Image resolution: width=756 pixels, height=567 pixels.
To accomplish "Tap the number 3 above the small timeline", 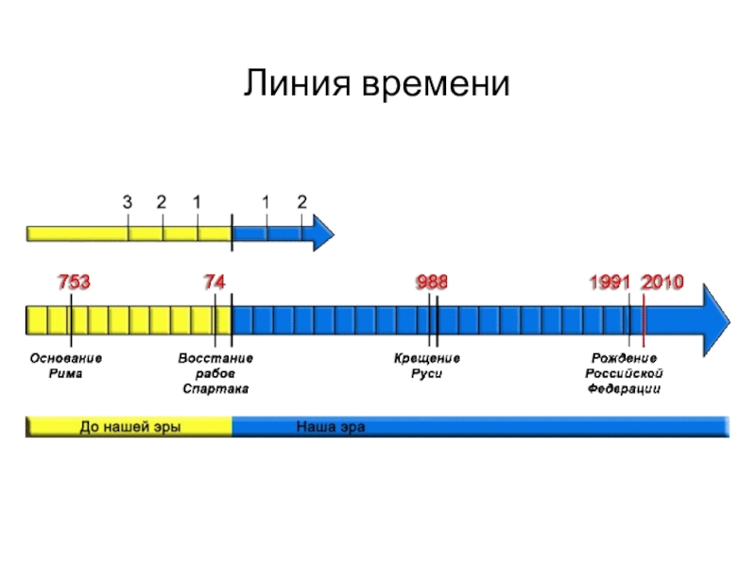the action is point(128,202).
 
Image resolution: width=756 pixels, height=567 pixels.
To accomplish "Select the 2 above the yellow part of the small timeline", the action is point(162,202).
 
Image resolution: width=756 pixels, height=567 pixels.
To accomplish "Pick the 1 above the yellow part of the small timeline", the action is point(197,202).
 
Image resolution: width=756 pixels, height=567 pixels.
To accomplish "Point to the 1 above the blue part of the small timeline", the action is point(266,202).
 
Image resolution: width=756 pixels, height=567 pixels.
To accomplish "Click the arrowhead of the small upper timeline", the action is point(322,232).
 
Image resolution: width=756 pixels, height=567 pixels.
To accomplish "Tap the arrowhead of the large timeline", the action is point(713,319).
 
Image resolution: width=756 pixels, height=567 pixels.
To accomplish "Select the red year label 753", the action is point(75,283).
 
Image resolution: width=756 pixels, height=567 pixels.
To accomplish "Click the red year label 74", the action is point(215,283).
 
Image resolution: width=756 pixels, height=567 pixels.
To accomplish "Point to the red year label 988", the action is point(432,283).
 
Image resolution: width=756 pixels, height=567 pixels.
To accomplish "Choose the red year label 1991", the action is point(610,283).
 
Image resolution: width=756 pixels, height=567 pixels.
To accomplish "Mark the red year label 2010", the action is point(662,283).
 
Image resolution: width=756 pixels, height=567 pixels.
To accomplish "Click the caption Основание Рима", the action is point(66,367).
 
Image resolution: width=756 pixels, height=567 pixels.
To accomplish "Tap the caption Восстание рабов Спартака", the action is point(215,374).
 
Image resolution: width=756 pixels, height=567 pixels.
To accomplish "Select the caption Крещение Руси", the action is point(427,367).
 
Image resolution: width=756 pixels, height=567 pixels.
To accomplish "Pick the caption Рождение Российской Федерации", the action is point(624,374).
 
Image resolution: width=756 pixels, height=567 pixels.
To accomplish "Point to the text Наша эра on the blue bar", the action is point(331,427).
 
